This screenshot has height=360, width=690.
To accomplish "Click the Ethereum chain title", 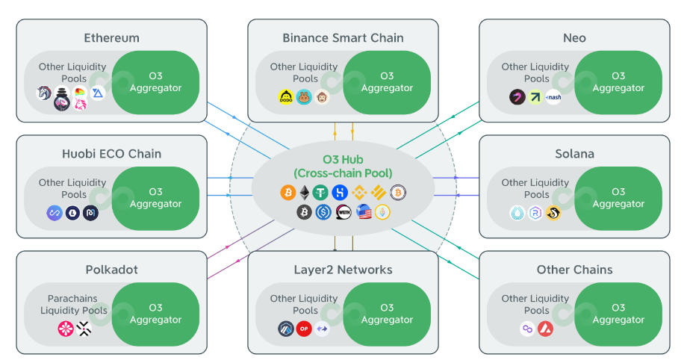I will coord(111,37).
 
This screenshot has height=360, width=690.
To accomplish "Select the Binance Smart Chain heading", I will coord(343,37).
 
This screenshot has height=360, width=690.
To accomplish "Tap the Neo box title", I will coord(574,37).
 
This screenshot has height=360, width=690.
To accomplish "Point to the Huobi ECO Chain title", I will coord(111,154).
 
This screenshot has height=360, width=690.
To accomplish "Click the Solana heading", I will coord(574,154).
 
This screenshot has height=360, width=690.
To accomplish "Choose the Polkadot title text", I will coord(111,270).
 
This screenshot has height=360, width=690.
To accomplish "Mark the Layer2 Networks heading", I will coord(343,270).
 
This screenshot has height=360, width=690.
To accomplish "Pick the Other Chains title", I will coord(574,270).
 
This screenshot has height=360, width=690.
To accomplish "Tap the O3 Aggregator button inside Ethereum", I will coord(155,82).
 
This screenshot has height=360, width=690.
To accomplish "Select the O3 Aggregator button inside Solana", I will coord(618,198).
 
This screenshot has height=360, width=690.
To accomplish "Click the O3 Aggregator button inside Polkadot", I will coord(155,314).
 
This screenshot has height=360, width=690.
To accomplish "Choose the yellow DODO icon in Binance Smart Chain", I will coord(285,97).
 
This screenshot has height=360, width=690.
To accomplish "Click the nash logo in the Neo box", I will coord(553,97).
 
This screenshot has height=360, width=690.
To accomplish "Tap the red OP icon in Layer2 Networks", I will coord(303,329).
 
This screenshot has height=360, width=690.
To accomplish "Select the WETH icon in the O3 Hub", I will coord(343,213).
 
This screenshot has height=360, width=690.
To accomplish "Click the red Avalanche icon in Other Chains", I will coord(547,329).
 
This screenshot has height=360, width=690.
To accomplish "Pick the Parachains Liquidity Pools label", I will coord(73,305).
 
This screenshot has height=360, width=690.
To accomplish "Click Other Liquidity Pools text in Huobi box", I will coord(73,188).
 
